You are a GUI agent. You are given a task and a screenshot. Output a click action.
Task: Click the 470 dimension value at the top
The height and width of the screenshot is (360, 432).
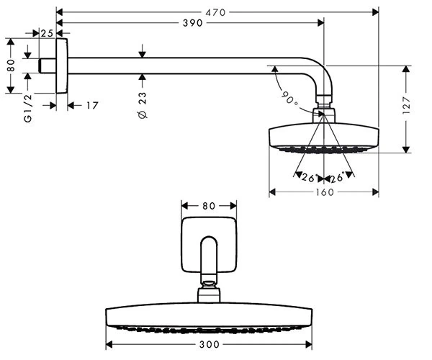click(x=215, y=12)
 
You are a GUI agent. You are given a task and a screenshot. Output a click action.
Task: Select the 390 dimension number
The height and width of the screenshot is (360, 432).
click(x=192, y=23)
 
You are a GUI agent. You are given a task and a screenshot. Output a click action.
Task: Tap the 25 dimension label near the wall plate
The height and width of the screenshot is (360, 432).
click(x=47, y=33)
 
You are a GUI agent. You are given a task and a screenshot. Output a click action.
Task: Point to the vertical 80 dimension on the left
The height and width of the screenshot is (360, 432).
click(x=11, y=66)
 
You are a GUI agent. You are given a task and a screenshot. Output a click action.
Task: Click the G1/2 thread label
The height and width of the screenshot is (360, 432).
click(x=28, y=108)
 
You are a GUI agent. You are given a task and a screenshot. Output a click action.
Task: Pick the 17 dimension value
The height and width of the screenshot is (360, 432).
click(x=92, y=105)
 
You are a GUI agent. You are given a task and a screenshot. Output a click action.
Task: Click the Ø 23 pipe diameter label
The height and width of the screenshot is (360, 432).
click(x=143, y=106)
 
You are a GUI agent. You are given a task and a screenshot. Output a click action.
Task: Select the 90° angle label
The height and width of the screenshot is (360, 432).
click(x=290, y=99)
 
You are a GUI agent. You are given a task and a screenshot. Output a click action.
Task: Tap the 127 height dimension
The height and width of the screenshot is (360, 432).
click(x=406, y=105)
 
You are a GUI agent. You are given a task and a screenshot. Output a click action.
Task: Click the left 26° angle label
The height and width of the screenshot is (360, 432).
click(x=309, y=178)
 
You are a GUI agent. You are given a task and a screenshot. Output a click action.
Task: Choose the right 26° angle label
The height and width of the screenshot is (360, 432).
click(x=337, y=178)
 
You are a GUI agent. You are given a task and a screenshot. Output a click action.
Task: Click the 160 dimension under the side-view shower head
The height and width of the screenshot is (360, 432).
click(x=325, y=192)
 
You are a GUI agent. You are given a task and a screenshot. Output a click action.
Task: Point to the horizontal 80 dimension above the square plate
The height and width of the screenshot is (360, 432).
click(x=209, y=206)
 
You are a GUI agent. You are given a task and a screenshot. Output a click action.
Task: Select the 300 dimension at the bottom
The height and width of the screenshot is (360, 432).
click(x=209, y=344)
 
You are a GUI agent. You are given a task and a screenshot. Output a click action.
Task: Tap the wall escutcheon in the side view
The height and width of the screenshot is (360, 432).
click(x=62, y=66)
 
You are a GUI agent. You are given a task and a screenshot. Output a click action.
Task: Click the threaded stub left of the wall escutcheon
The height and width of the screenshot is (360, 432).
click(x=47, y=66)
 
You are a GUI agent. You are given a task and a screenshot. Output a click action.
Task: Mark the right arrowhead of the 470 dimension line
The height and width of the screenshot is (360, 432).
click(x=375, y=12)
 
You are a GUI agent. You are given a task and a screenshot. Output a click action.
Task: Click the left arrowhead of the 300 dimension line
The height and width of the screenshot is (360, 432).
click(x=109, y=344)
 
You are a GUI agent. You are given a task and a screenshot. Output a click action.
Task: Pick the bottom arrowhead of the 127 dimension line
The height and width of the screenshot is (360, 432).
click(x=405, y=150)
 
